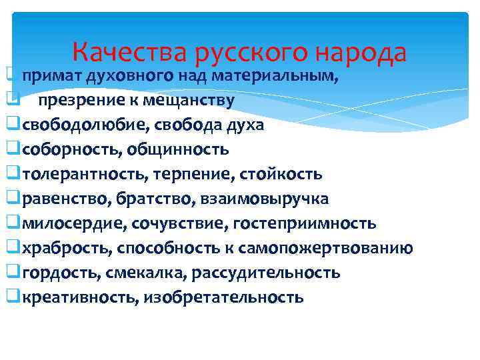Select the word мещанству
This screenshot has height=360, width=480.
(193, 101)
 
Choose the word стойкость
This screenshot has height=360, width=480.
(284, 175)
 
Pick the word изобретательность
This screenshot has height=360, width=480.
(223, 298)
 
